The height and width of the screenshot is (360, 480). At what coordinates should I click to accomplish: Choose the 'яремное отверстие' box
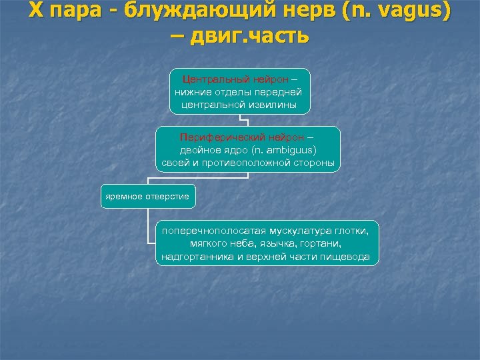tap(147, 196)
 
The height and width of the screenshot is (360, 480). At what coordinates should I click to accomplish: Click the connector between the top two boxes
tap(247, 121)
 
